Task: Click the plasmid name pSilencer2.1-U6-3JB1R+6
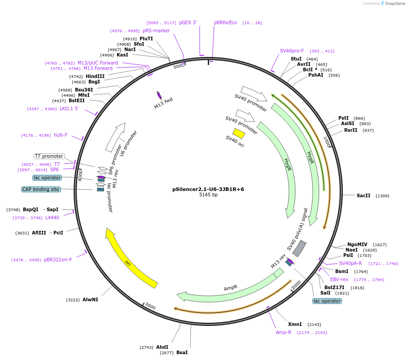pyautogui.click(x=208, y=189)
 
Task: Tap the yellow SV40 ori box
pyautogui.click(x=239, y=134)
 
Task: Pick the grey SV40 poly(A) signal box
pyautogui.click(x=300, y=248)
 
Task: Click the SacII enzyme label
pyautogui.click(x=363, y=195)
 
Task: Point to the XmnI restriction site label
pyautogui.click(x=295, y=324)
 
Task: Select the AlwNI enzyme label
pyautogui.click(x=90, y=299)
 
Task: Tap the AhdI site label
pyautogui.click(x=162, y=347)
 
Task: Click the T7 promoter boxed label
pyautogui.click(x=49, y=156)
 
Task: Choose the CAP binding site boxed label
pyautogui.click(x=41, y=189)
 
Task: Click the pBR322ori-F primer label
pyautogui.click(x=58, y=260)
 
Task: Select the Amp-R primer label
pyautogui.click(x=284, y=332)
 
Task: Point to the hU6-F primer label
pyautogui.click(x=61, y=135)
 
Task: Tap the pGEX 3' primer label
pyautogui.click(x=188, y=22)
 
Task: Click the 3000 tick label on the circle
pyautogui.click(x=150, y=307)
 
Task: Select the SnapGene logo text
pyautogui.click(x=394, y=4)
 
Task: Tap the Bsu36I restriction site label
pyautogui.click(x=84, y=90)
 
